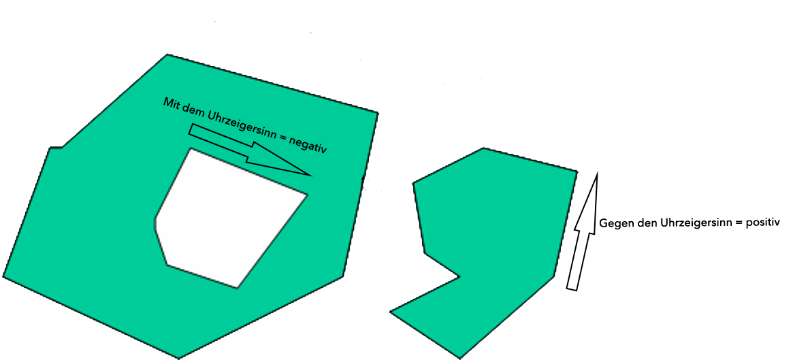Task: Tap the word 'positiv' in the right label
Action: click(763, 223)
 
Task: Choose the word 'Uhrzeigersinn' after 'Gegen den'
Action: click(689, 223)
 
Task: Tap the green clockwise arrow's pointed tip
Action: click(312, 176)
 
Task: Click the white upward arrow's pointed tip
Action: click(597, 172)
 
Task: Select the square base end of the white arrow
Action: click(572, 289)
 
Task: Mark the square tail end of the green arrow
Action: click(191, 129)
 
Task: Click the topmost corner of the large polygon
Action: click(167, 54)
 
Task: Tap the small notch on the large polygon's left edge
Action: click(56, 148)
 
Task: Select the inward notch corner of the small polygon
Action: click(459, 278)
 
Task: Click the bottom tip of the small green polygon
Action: click(459, 357)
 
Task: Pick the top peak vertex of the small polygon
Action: click(483, 148)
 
